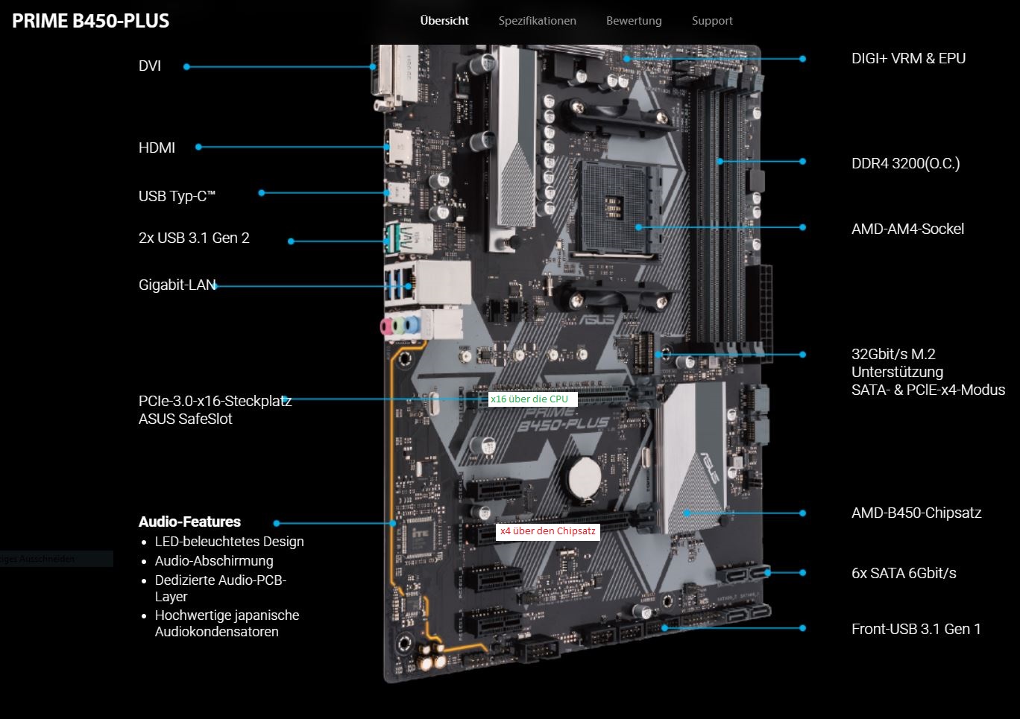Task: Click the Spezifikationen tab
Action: click(x=537, y=21)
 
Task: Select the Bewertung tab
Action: click(x=634, y=21)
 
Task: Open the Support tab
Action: click(x=712, y=21)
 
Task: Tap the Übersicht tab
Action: click(x=444, y=21)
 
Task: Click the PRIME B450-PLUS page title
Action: click(x=91, y=21)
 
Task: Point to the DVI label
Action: click(x=150, y=66)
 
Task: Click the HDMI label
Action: click(x=157, y=148)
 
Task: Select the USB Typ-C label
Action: click(x=177, y=196)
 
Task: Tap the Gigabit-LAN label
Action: click(x=177, y=285)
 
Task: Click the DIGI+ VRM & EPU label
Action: click(x=908, y=58)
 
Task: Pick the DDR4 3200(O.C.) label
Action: click(x=905, y=163)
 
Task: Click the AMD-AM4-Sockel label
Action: click(x=907, y=229)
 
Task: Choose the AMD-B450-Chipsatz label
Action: click(x=916, y=513)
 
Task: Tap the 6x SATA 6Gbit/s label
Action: click(x=904, y=573)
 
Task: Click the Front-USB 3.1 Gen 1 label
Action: click(x=916, y=629)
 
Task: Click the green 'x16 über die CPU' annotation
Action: click(x=529, y=399)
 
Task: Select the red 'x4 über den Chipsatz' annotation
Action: click(x=547, y=531)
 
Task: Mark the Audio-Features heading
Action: click(x=189, y=522)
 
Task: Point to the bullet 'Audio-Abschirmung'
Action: click(x=214, y=561)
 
